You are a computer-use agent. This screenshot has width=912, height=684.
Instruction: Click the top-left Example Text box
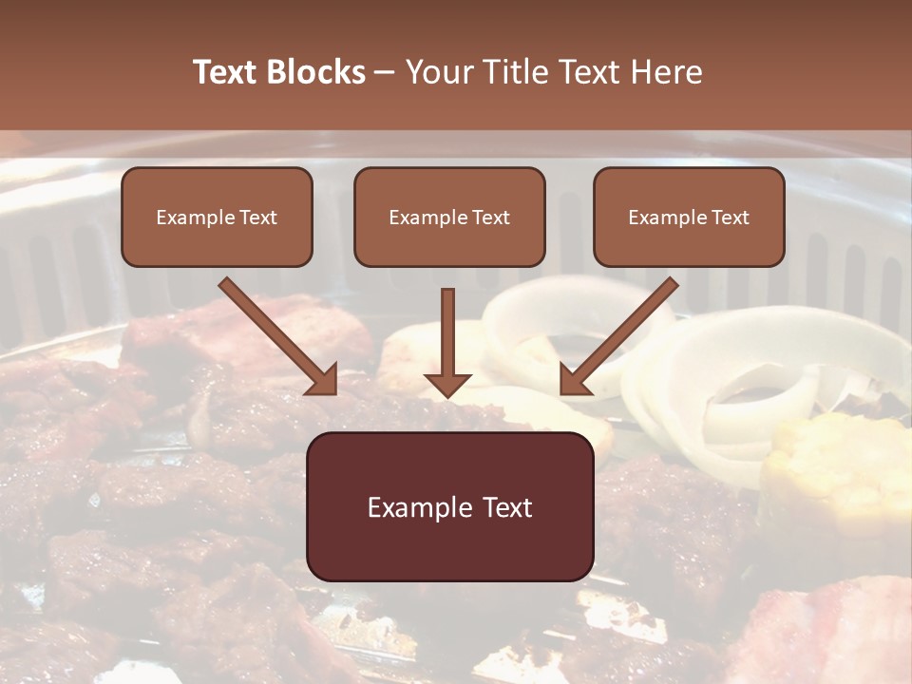[217, 218]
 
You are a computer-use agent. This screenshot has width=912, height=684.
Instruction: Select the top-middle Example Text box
[449, 218]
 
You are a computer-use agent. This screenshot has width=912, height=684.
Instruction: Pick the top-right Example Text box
[689, 218]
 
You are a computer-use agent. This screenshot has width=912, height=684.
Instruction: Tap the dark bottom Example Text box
[449, 506]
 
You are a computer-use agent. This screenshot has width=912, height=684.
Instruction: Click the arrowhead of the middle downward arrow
[447, 384]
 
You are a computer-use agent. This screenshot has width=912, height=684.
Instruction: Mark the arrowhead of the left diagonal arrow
[323, 380]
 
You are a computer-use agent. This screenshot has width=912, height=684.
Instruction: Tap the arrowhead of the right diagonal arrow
[573, 380]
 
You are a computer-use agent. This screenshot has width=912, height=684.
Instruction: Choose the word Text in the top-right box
[731, 218]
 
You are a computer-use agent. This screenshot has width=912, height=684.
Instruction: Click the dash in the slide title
[385, 72]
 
